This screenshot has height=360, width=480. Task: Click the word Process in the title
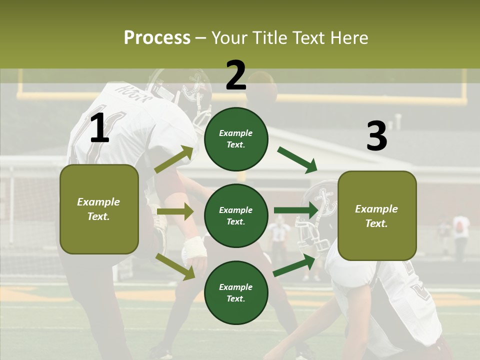point(157,37)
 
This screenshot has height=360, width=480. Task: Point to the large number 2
point(235,75)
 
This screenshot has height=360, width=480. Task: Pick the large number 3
point(377,135)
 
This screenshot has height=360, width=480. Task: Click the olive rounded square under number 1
point(99,209)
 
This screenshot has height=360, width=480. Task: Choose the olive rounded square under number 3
point(377,216)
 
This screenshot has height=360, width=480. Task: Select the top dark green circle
point(236,139)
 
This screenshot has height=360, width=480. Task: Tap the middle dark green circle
point(236,216)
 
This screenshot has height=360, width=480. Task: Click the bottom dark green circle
point(236,292)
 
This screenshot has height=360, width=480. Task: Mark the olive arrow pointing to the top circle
point(174,158)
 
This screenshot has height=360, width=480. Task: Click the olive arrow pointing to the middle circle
point(175,211)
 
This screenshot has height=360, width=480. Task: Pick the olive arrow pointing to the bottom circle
point(175,266)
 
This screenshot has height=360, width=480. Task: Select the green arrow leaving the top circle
point(297,160)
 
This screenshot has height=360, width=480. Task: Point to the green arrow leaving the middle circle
point(296,210)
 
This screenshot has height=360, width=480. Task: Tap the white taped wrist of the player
point(194,247)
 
